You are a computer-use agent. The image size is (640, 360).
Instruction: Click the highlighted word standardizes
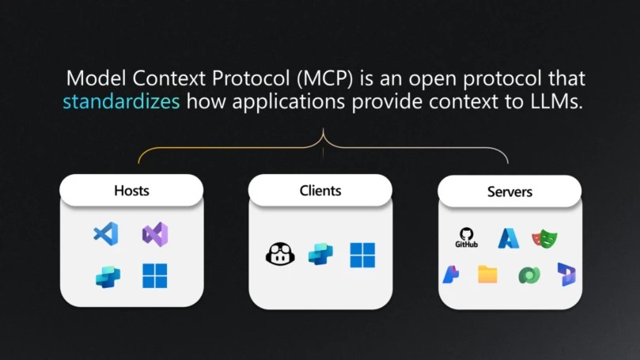121,100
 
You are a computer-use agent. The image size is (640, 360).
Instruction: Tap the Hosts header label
131,191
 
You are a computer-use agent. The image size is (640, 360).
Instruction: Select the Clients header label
320,191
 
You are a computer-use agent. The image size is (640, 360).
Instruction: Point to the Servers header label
509,191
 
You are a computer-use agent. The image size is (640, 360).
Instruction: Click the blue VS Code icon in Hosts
106,234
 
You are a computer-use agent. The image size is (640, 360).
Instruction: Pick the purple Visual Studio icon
155,234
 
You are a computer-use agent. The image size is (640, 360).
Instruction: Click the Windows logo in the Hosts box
155,276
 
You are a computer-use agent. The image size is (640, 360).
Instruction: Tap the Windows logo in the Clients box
362,255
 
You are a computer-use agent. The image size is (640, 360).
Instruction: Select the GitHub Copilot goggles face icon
280,254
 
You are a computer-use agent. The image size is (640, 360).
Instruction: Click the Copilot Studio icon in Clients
320,254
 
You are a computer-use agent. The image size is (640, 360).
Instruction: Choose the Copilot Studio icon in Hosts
108,276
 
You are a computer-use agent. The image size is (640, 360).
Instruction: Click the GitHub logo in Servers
467,237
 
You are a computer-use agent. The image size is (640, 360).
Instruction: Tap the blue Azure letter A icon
509,238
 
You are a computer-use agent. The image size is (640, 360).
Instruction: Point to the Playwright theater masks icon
544,238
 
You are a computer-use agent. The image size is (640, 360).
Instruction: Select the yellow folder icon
488,275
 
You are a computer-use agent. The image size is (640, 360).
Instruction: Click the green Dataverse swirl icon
529,275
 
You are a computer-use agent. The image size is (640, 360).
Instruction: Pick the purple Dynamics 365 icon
566,275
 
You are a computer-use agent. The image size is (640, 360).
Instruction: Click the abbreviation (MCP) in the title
325,78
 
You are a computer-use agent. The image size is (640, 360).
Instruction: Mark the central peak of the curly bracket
324,129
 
